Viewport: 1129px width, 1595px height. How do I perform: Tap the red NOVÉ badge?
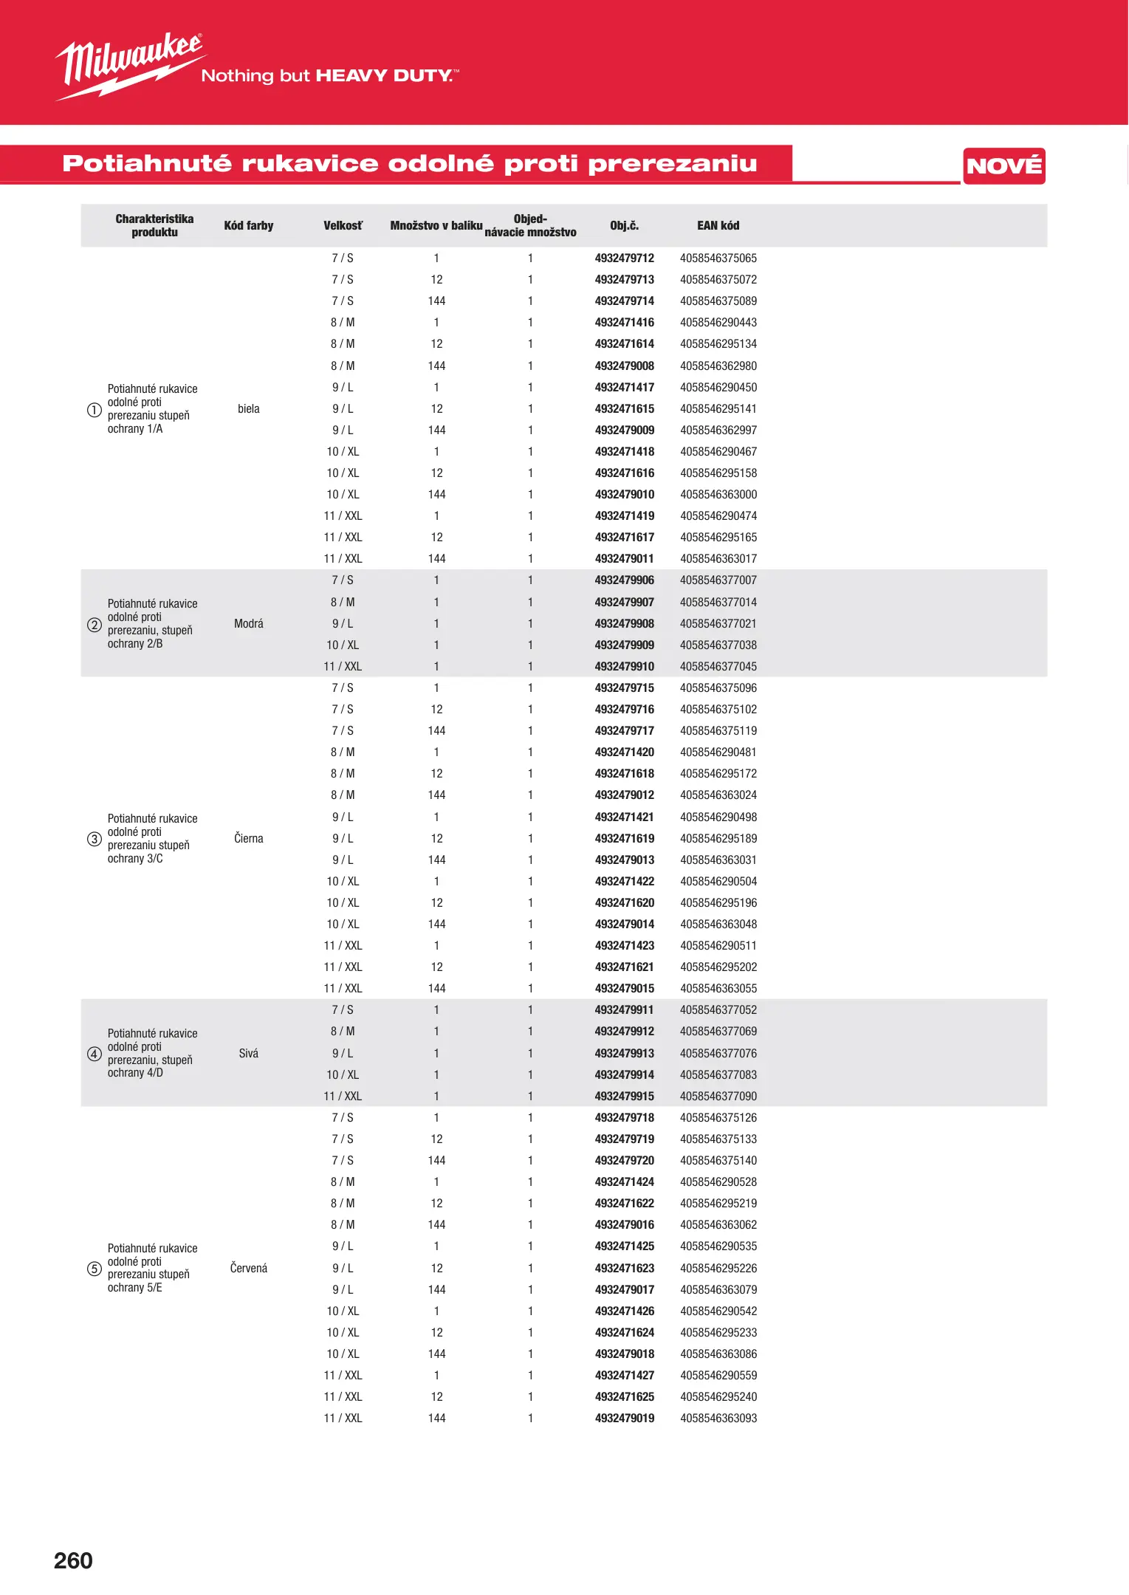coord(1003,166)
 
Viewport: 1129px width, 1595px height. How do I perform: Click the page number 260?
coord(73,1560)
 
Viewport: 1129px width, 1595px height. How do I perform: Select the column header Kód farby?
coord(249,226)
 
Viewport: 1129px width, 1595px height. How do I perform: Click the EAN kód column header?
coord(718,226)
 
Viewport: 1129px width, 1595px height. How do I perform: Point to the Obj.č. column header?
coord(624,226)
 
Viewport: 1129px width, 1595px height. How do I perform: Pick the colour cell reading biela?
coord(249,409)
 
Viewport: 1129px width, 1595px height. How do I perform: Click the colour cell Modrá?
coord(249,624)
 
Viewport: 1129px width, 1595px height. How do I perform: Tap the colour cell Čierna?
coord(249,839)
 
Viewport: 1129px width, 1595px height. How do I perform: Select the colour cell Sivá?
coord(249,1054)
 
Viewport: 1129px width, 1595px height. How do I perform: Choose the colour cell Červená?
coord(249,1269)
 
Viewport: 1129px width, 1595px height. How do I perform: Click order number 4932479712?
coord(624,258)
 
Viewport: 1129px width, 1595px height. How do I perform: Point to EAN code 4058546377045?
coord(718,667)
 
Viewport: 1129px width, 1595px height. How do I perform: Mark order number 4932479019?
coord(624,1419)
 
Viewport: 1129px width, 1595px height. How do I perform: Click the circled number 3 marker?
coord(95,839)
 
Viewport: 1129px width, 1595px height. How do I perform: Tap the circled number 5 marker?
coord(95,1269)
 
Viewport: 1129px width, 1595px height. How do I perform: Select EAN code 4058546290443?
coord(718,323)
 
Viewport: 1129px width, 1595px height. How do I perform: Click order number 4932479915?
coord(624,1097)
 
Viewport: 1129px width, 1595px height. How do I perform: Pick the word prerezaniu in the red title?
coord(672,164)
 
